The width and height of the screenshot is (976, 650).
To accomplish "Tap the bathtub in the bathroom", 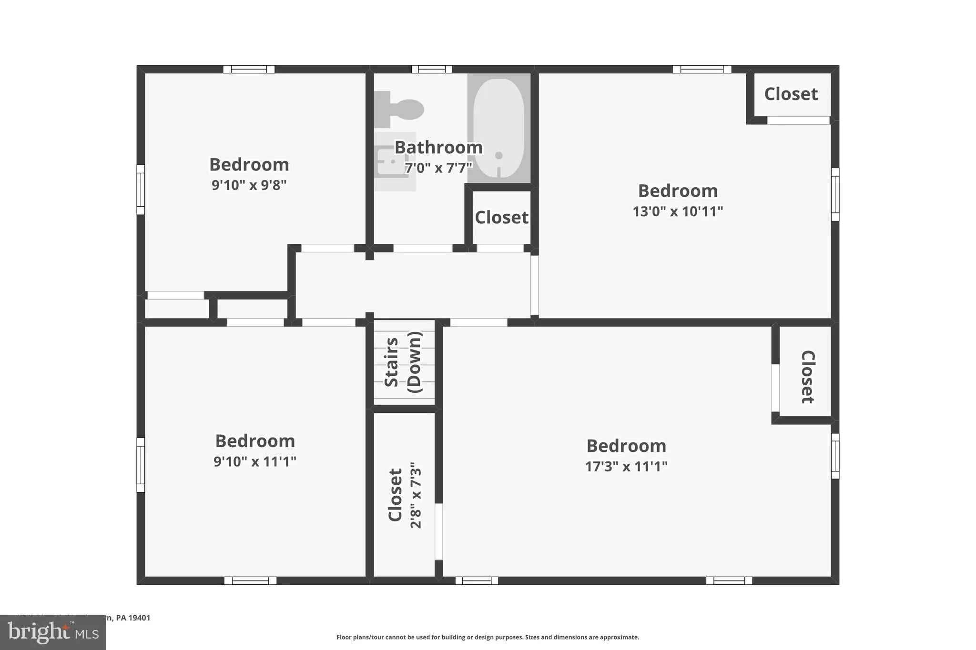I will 499,128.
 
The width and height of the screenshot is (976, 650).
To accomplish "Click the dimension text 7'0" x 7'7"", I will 438,168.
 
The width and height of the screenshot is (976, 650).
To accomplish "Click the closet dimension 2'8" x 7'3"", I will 416,495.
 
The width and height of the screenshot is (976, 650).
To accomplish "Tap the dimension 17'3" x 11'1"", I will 626,466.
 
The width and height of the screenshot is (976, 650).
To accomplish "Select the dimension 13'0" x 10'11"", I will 677,211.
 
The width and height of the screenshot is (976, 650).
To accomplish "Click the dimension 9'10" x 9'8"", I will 249,185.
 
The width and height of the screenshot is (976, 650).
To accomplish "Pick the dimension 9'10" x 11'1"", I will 254,461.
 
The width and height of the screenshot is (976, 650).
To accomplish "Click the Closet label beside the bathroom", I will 501,218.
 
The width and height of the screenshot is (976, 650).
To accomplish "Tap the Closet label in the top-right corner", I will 791,94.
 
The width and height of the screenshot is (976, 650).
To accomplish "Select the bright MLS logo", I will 53,632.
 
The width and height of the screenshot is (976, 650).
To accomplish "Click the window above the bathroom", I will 431,70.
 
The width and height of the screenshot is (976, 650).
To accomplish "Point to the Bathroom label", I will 438,148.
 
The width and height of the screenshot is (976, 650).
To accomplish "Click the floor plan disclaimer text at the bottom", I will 488,637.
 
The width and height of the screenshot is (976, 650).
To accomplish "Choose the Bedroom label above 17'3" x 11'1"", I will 626,446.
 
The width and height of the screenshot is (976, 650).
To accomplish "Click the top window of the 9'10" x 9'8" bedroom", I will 249,70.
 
